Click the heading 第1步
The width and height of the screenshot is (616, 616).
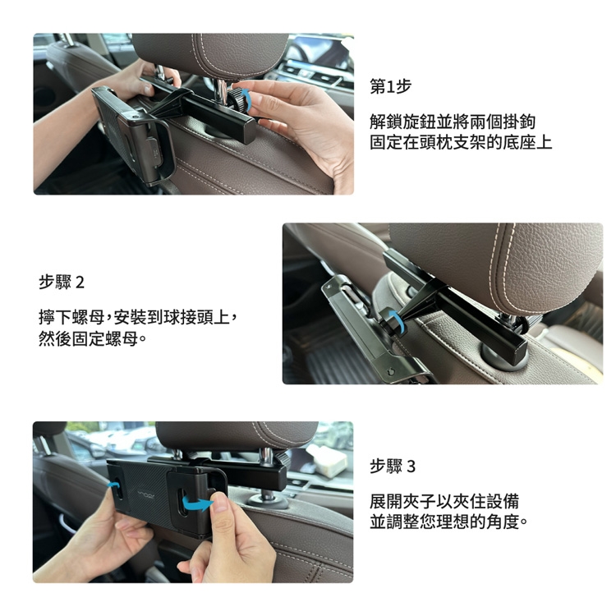pos(390,86)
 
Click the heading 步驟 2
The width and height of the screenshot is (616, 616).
pos(62,282)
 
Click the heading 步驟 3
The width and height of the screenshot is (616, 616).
pos(393,467)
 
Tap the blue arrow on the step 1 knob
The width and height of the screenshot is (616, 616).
pos(247,99)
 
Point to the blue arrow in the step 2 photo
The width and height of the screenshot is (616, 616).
pos(396,320)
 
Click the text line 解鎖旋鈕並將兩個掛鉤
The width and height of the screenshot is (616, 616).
pos(453,122)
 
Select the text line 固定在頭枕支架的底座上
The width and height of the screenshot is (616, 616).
pos(461,142)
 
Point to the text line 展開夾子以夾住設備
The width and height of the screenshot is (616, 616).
pos(444,502)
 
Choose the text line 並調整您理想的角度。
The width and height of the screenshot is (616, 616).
pos(448,522)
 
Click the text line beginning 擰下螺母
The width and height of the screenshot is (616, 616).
pos(138,317)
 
